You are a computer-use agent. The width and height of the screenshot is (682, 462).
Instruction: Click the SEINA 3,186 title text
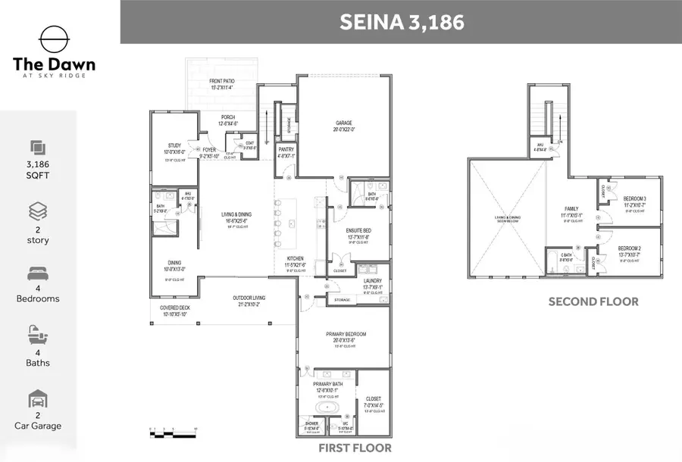(401, 22)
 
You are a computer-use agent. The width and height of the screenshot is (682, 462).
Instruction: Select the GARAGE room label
(345, 123)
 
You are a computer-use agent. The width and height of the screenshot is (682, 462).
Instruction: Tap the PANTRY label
(286, 150)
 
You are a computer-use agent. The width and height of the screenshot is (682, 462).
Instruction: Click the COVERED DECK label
(174, 308)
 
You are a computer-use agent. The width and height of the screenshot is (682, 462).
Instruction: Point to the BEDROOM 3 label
(634, 199)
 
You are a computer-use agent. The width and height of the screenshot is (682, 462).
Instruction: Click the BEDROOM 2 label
(630, 248)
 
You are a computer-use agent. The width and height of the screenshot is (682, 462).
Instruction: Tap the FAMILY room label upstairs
(571, 208)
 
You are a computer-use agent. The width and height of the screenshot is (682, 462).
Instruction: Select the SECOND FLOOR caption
(593, 301)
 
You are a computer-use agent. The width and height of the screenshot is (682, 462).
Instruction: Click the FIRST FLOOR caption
(355, 448)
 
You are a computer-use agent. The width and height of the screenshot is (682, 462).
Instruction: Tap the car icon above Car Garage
(38, 401)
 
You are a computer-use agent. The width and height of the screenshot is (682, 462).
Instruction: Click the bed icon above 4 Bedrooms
(38, 273)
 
